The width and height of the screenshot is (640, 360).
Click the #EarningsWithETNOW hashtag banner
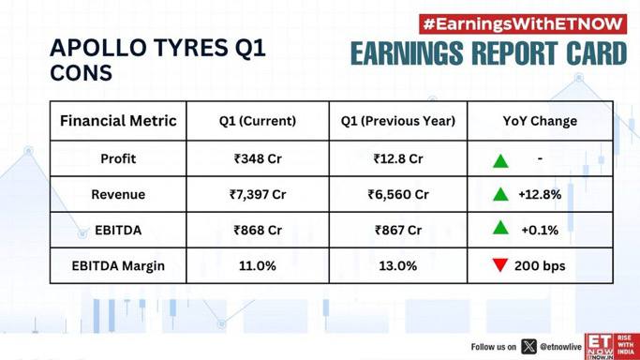(523, 24)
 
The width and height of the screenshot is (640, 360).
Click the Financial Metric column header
(118, 121)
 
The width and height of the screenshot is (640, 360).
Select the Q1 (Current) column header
(258, 121)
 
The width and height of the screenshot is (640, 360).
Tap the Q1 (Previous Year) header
(398, 121)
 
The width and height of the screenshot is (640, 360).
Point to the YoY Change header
(540, 121)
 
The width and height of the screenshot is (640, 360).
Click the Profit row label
(118, 158)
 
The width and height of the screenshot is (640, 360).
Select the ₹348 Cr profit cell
(258, 158)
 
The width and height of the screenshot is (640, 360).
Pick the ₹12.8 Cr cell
(398, 158)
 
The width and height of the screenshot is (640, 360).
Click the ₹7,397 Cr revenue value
(258, 194)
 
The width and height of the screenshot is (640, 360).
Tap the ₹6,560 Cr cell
(398, 194)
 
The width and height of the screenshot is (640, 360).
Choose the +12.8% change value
(540, 194)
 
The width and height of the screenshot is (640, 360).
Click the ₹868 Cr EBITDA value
(258, 231)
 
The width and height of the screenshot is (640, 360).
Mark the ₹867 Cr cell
(398, 231)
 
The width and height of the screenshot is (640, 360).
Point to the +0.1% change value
(540, 231)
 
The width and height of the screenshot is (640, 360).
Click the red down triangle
(500, 265)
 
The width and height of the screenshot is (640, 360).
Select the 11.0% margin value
(258, 266)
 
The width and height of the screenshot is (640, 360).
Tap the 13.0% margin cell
(398, 266)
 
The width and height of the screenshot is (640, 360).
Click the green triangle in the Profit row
(500, 160)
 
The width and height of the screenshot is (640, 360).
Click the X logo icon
(529, 347)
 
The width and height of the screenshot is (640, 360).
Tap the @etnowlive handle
(560, 347)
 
